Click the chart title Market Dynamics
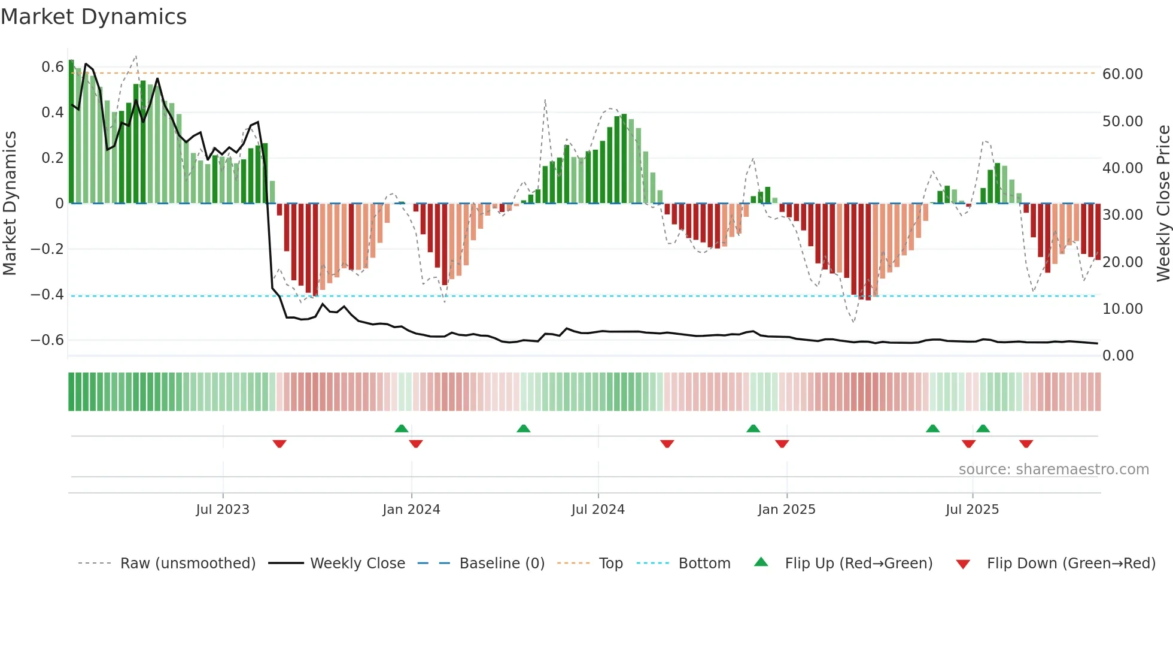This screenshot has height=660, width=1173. click(94, 17)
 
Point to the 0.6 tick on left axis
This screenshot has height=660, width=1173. click(53, 67)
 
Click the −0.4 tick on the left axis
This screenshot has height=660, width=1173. click(48, 294)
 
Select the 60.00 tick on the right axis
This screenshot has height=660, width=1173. click(1123, 74)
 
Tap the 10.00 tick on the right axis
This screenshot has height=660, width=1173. click(1123, 309)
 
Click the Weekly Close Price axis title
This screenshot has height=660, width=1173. click(1163, 203)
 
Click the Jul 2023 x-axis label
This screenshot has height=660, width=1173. click(223, 510)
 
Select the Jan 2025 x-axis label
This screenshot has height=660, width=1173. click(786, 510)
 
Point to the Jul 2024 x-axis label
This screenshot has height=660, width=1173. click(598, 510)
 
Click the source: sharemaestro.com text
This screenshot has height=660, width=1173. click(1053, 470)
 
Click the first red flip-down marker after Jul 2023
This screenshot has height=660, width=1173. click(279, 444)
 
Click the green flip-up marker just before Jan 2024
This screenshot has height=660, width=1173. click(402, 428)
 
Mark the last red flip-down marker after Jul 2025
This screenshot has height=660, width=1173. click(1026, 444)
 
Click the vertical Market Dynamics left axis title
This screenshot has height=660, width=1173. click(10, 203)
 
